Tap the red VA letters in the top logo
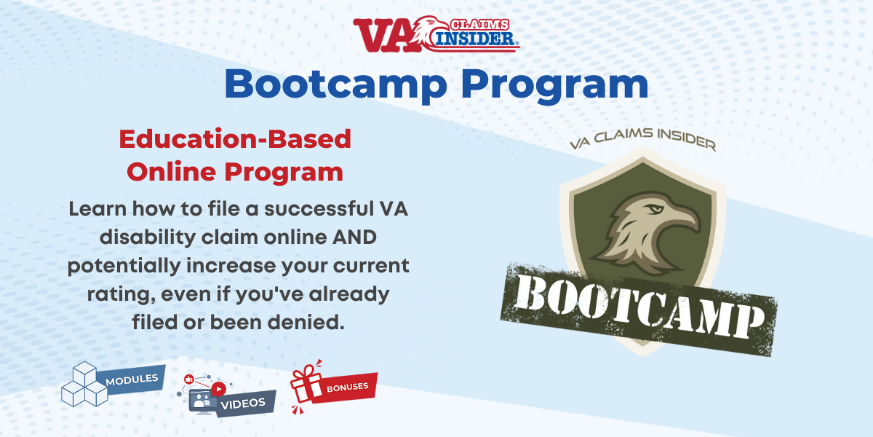[383, 34]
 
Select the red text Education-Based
[235, 138]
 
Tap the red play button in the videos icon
[218, 389]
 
